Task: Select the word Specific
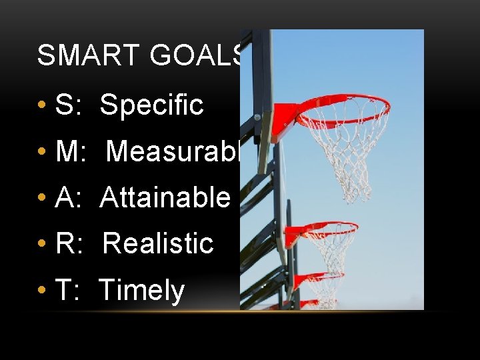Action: coord(151,105)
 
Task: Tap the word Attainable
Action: coord(165,198)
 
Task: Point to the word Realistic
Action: coord(158,244)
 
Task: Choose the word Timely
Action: coord(141,291)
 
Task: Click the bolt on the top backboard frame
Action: coord(257,117)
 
